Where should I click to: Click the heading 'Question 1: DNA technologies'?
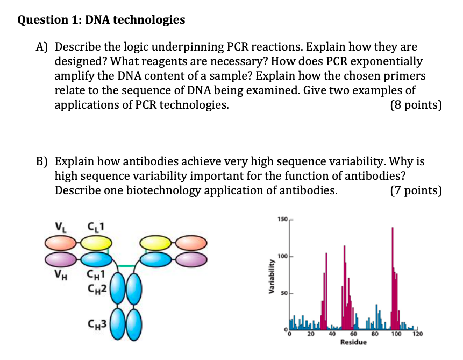pos(101,20)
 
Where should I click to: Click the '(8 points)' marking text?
pos(416,105)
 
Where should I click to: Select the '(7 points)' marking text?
pos(416,191)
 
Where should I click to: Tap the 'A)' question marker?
pos(43,48)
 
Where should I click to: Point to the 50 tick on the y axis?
pos(284,293)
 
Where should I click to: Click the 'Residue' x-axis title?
pos(353,342)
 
